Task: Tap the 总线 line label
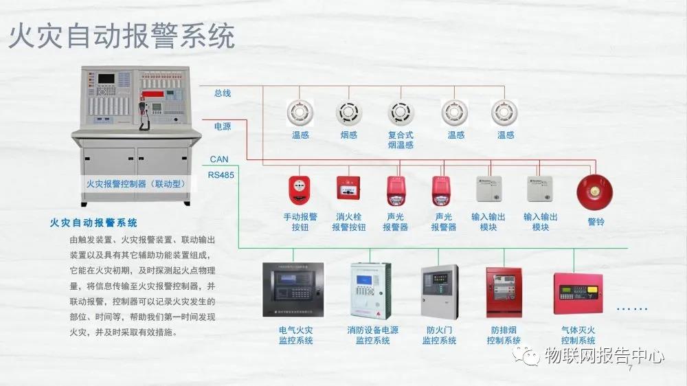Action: [x=223, y=93]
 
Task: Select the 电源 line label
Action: [x=223, y=126]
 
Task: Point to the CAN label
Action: [x=219, y=159]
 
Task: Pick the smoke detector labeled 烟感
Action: [x=348, y=112]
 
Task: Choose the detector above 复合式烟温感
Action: [x=400, y=112]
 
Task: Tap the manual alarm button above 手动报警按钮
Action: [x=300, y=190]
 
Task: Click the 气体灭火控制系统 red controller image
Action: [x=578, y=293]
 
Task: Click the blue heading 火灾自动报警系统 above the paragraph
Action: [x=93, y=223]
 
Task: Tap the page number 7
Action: [x=630, y=370]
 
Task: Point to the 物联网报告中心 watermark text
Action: [x=604, y=355]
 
